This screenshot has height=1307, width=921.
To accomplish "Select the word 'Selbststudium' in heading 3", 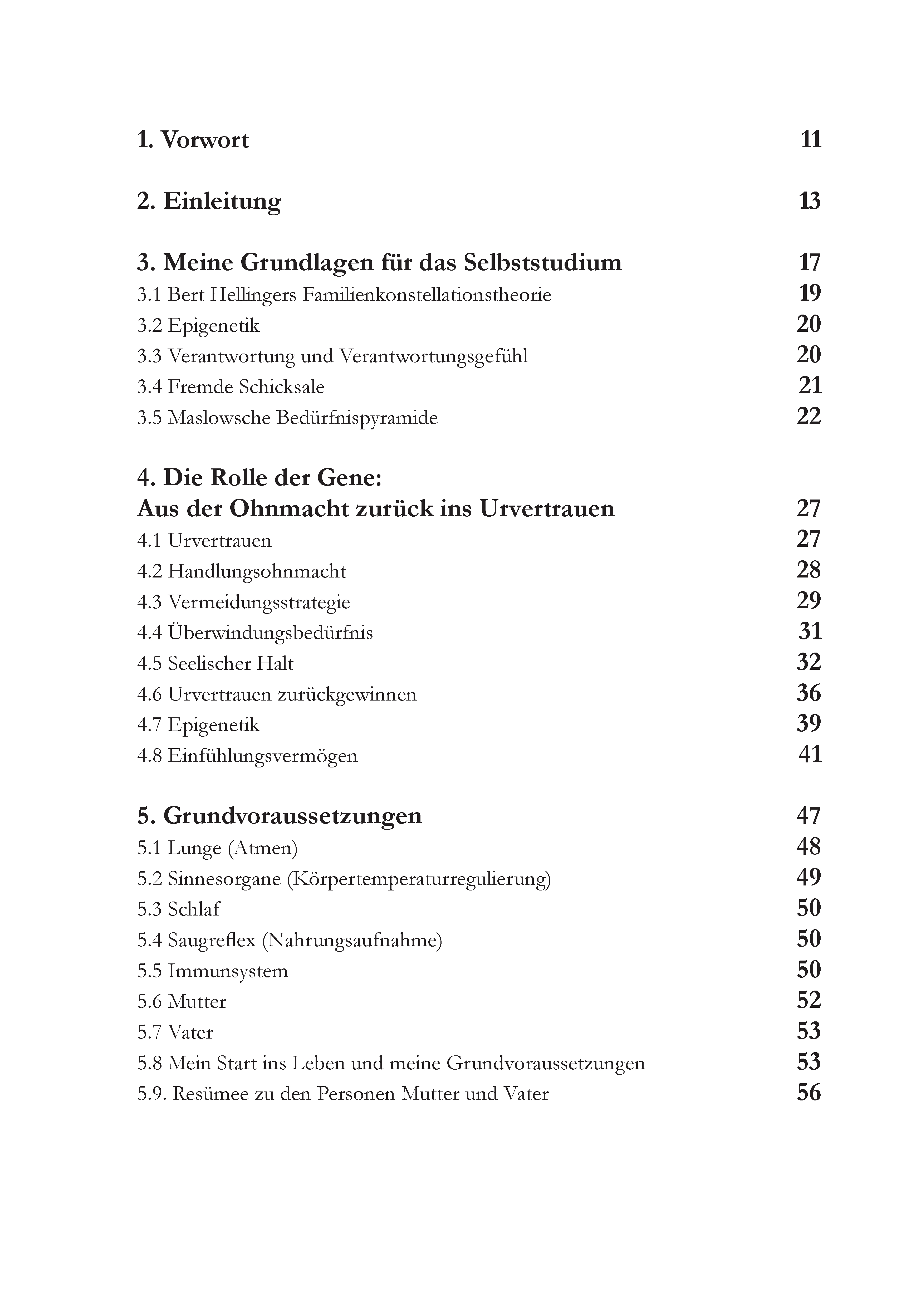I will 542,262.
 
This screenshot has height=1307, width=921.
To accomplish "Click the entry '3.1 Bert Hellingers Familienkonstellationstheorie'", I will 344,295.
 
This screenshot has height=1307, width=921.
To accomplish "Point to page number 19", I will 810,293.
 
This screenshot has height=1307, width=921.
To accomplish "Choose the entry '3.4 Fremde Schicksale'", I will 231,387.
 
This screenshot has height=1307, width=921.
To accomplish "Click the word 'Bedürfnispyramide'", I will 357,418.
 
